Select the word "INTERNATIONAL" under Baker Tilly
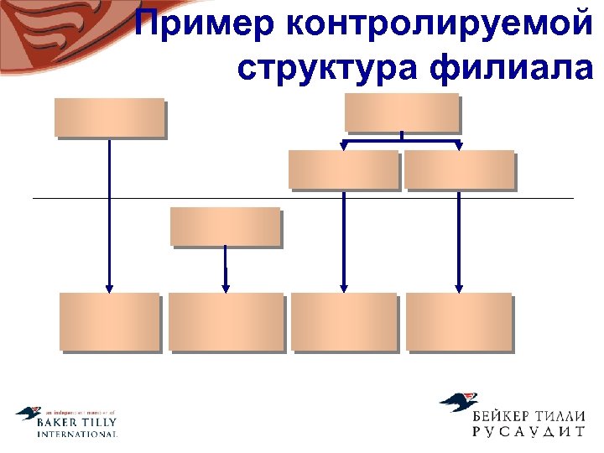coord(77,435)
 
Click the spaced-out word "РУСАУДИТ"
coord(528,434)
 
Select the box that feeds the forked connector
coord(402,112)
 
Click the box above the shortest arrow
coord(225,226)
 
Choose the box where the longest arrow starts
coord(109,117)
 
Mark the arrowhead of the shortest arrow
coord(226,287)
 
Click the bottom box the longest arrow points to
coord(109,320)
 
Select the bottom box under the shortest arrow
coord(225,320)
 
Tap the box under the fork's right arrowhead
coord(459,169)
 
